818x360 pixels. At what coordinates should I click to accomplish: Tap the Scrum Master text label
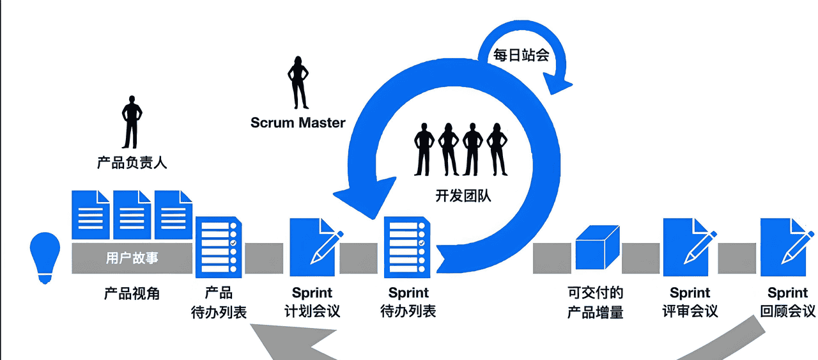[x=298, y=122]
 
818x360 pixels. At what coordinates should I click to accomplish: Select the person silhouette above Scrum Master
[x=298, y=82]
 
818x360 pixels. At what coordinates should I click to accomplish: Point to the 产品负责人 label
[x=132, y=162]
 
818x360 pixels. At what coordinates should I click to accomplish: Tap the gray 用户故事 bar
[x=132, y=258]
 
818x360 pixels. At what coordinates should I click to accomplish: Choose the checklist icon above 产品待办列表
[x=218, y=247]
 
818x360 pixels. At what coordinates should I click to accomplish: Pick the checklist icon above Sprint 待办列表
[x=407, y=247]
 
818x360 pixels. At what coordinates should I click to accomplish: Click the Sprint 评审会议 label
[x=690, y=302]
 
